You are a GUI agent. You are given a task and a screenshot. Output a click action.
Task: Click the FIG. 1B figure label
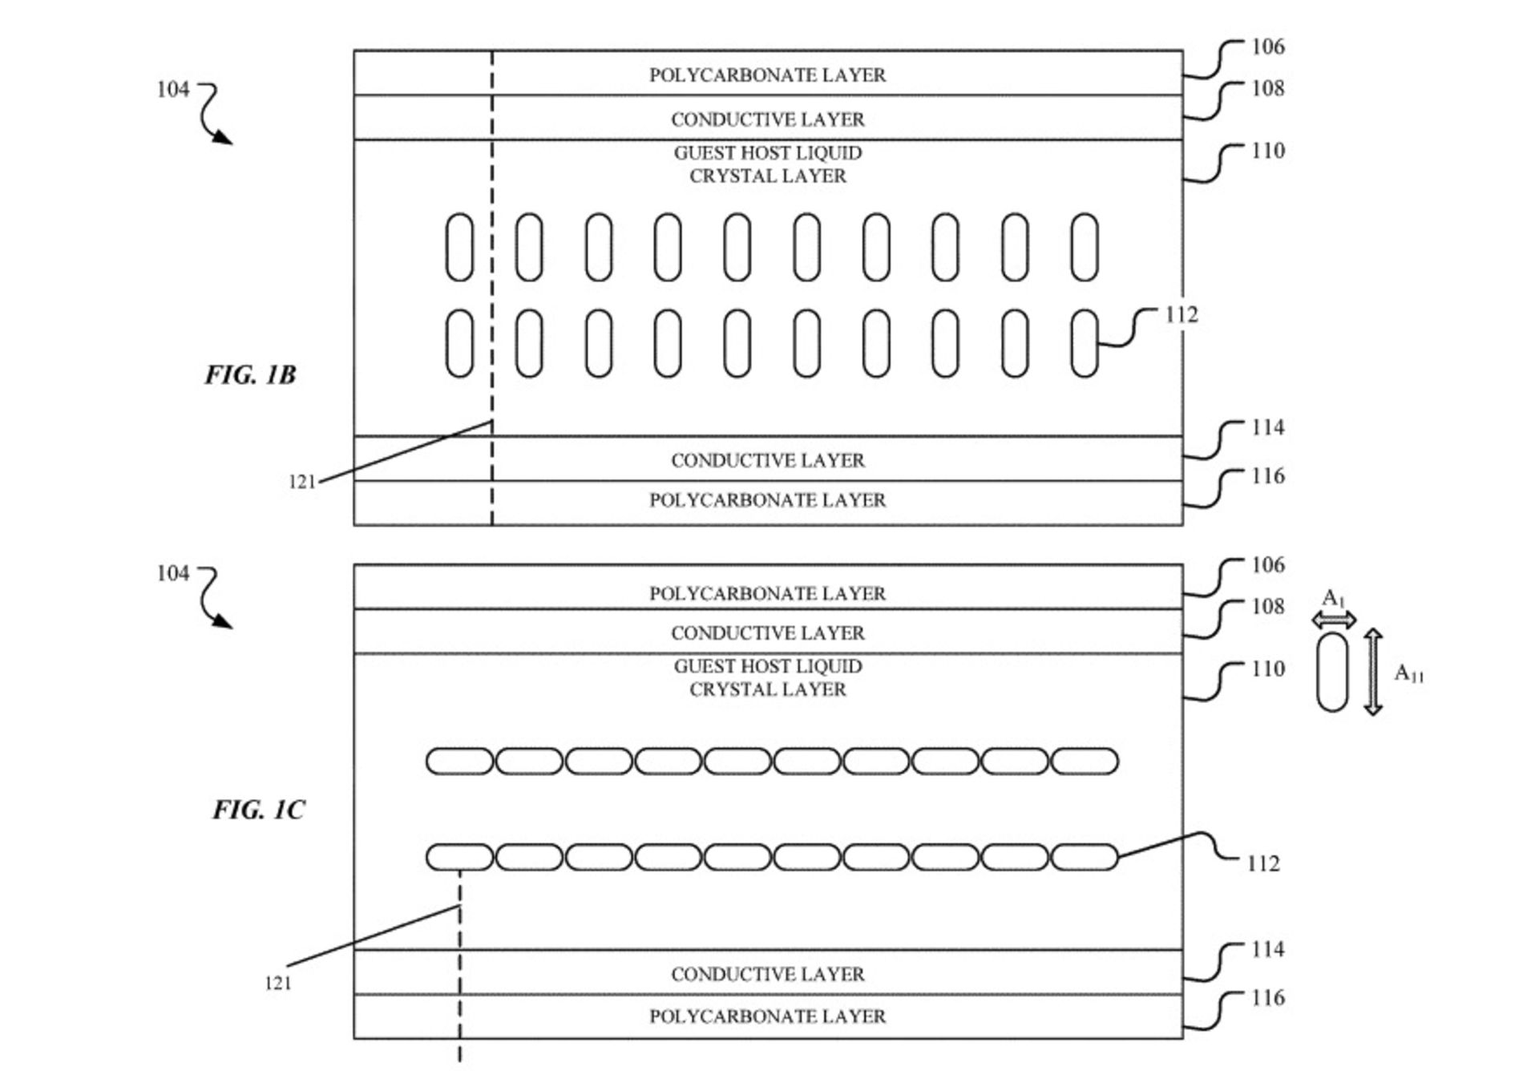tap(250, 374)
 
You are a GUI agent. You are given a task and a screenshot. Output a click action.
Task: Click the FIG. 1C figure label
tap(258, 810)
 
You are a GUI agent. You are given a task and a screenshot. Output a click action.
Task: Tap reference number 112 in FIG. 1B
tap(1182, 315)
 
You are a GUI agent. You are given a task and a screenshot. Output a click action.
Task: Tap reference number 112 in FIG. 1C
tap(1263, 863)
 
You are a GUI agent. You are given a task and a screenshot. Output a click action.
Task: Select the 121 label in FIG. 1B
tap(301, 482)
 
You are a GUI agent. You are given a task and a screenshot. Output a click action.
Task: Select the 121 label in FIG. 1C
tap(278, 983)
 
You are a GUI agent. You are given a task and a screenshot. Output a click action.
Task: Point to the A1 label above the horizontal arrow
tap(1333, 598)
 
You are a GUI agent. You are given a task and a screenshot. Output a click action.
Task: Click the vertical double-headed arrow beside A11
tap(1373, 672)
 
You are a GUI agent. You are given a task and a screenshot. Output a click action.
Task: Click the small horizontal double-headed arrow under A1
tap(1334, 619)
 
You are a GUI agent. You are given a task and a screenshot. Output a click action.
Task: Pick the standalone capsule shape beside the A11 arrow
tap(1332, 672)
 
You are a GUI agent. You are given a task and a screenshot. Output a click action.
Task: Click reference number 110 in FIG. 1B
tap(1268, 151)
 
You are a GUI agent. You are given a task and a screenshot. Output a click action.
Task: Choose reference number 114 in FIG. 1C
tap(1268, 949)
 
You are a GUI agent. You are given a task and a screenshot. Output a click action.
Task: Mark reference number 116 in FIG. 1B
tap(1268, 476)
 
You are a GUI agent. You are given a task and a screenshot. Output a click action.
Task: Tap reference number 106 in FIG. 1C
tap(1268, 565)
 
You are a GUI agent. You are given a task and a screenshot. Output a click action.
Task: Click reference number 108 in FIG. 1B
tap(1268, 88)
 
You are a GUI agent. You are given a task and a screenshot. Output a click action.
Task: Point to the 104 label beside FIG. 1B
tap(173, 89)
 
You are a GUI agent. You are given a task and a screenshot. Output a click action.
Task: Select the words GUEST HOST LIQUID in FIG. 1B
tap(768, 152)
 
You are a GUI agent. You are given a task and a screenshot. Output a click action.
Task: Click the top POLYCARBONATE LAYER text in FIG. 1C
tap(767, 593)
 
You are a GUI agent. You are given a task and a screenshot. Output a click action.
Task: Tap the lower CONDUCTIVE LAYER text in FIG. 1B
tap(767, 460)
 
